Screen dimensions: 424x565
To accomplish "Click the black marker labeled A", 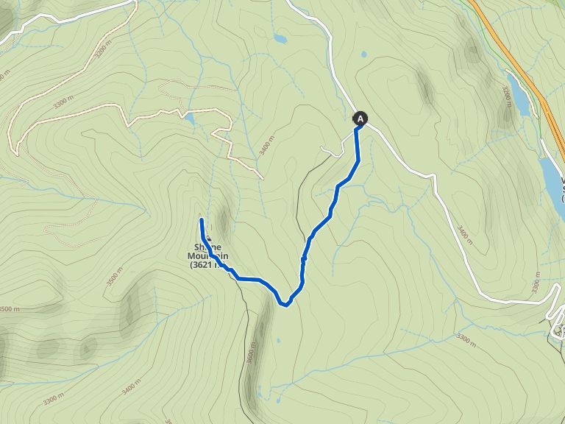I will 360,118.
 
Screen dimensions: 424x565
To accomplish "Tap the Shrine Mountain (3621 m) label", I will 209,255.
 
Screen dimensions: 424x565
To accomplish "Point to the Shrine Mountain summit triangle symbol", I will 207,239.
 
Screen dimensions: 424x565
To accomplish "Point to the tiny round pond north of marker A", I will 363,54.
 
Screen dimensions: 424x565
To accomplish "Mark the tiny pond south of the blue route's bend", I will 278,341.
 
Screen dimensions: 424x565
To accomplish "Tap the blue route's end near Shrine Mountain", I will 202,220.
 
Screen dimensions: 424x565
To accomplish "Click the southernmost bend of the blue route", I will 284,304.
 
